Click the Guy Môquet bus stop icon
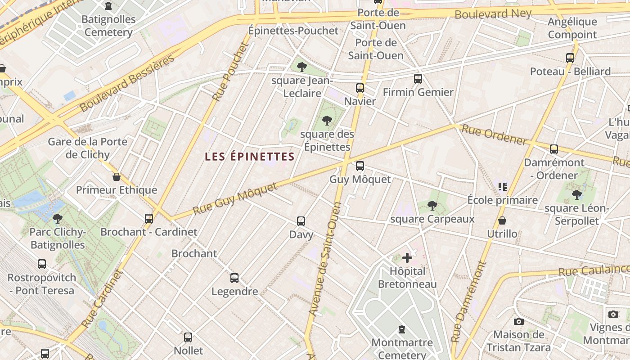(x=360, y=166)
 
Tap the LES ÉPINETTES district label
(x=249, y=157)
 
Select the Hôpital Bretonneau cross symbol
(x=407, y=258)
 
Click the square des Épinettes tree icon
(x=327, y=120)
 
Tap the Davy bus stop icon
(x=301, y=221)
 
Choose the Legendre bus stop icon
(x=234, y=278)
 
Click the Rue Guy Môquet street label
(x=235, y=198)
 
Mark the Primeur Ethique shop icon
(x=117, y=177)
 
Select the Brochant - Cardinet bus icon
(x=149, y=219)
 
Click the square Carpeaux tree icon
(x=432, y=206)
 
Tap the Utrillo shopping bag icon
(x=502, y=220)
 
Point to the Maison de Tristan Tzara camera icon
(x=519, y=321)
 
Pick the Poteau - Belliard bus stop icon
(x=570, y=58)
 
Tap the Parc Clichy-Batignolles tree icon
(x=57, y=219)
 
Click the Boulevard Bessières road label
(x=126, y=83)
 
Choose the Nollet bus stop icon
(x=188, y=337)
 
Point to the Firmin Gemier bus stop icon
(x=418, y=79)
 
